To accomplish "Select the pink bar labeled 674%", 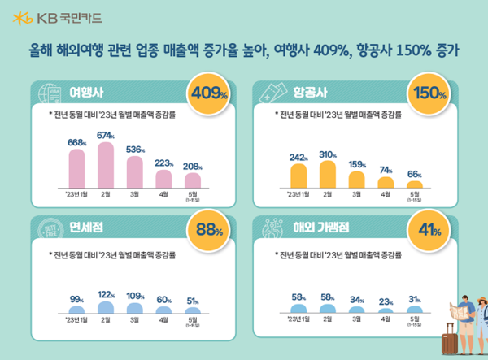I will (x=106, y=166).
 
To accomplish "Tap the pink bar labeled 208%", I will (x=193, y=180).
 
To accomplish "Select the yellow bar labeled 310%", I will (x=327, y=175).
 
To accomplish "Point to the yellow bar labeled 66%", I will (x=414, y=184).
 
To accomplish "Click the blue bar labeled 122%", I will (x=106, y=308).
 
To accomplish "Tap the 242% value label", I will (x=298, y=156).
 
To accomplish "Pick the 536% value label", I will (x=135, y=149).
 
